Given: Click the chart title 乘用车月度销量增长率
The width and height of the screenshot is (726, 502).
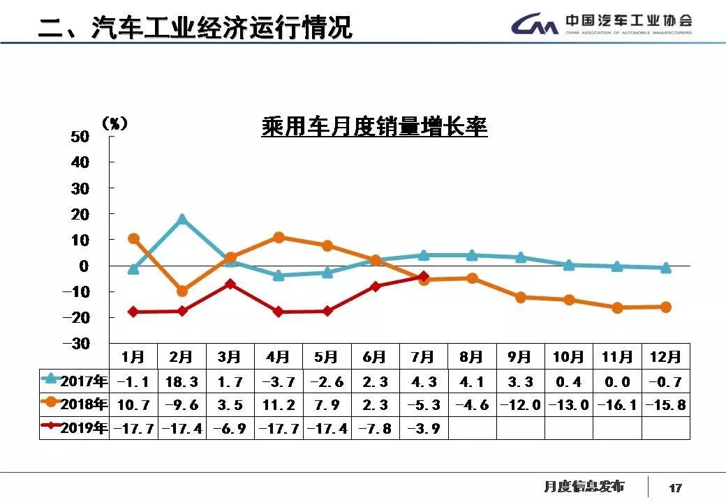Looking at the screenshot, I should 374,128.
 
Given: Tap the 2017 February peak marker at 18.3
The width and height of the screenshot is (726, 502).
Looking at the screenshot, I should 182,220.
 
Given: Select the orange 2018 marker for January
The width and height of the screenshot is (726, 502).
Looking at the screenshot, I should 133,238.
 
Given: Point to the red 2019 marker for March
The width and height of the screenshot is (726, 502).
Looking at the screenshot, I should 230,284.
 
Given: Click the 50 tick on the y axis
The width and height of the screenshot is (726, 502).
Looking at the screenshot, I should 81,136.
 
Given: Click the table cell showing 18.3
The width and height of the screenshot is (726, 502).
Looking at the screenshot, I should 181,382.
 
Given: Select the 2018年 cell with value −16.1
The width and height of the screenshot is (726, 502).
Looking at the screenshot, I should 617,404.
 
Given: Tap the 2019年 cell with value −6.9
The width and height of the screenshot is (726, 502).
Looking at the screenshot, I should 230,427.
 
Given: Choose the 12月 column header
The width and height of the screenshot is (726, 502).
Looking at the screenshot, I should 665,357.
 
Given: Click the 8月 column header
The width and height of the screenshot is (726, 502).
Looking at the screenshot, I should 471,357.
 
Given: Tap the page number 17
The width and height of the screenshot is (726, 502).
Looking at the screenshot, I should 675,487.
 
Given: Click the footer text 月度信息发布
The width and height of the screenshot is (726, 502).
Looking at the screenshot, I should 584,486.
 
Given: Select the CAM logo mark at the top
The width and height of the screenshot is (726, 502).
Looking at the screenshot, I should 535,26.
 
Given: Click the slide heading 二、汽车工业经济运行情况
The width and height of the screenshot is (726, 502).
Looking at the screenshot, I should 195,28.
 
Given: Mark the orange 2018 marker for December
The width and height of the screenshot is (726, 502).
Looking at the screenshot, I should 665,307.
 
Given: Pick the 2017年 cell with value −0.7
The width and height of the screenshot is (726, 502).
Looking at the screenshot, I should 665,382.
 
